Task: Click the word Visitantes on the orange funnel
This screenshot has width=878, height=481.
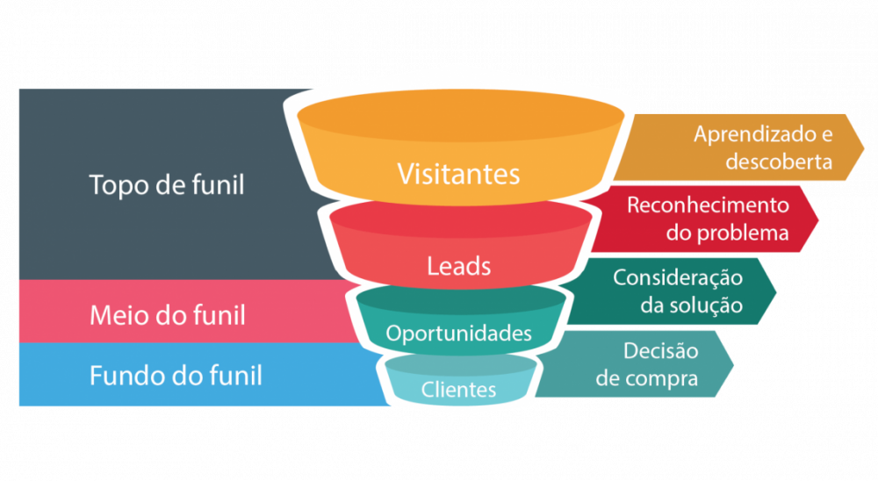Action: click(458, 173)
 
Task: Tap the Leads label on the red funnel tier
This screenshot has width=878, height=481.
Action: click(458, 265)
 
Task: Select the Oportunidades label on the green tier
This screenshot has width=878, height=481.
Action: click(459, 334)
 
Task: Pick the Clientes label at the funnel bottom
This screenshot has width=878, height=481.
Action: click(458, 389)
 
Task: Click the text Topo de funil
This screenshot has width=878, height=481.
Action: click(167, 185)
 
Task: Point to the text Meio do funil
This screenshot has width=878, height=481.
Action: click(168, 314)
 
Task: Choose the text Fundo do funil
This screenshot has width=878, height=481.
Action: click(176, 376)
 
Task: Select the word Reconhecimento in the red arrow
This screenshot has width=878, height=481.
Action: click(708, 205)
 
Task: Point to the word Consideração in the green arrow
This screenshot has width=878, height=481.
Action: click(678, 277)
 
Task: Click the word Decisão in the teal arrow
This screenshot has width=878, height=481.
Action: click(660, 351)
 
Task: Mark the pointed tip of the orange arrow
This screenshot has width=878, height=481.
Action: click(865, 147)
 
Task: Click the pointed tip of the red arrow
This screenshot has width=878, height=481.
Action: click(819, 219)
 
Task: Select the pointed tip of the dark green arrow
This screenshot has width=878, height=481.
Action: click(777, 291)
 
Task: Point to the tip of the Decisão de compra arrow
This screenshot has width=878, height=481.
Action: click(735, 363)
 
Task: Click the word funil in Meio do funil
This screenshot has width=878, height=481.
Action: click(217, 314)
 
